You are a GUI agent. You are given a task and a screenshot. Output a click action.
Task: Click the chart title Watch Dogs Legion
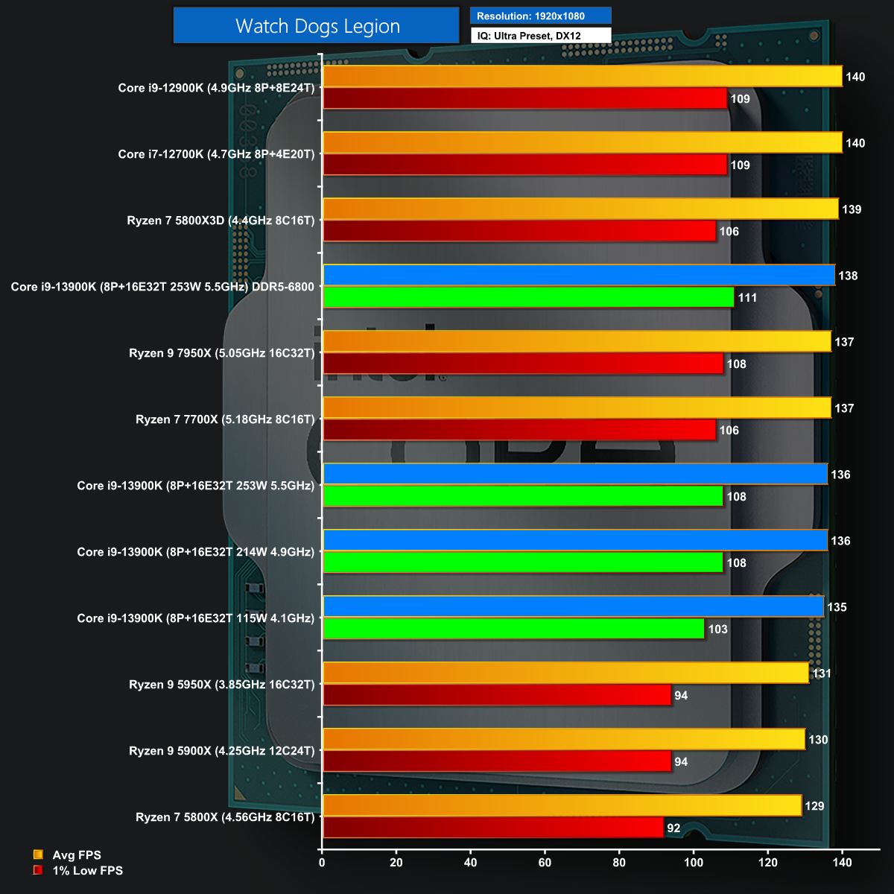click(x=317, y=26)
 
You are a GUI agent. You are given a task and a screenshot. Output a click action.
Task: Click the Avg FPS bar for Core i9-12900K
click(x=582, y=77)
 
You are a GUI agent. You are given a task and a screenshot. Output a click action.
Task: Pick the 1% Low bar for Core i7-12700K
click(x=524, y=165)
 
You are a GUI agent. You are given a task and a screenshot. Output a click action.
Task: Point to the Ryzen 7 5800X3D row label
click(x=221, y=221)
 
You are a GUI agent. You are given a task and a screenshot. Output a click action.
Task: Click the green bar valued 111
click(x=528, y=297)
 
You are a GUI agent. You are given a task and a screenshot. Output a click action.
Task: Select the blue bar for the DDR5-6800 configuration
click(x=578, y=276)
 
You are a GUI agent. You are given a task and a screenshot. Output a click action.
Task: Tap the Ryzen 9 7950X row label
click(x=222, y=353)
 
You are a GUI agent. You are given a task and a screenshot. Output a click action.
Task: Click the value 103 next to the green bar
click(x=717, y=630)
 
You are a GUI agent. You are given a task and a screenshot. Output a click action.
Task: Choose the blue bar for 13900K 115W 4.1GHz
click(x=573, y=607)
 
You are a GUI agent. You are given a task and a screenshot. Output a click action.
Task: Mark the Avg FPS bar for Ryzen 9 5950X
click(x=565, y=673)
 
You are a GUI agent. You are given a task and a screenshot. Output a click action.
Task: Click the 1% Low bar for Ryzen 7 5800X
click(x=492, y=828)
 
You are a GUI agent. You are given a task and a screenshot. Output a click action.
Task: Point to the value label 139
click(x=852, y=209)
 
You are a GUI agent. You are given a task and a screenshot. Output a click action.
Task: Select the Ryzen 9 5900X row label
click(x=222, y=751)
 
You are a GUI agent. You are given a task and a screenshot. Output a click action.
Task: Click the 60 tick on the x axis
click(x=545, y=863)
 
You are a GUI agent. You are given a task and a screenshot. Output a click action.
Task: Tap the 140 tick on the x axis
click(x=843, y=863)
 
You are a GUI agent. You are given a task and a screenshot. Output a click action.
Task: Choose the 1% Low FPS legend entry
click(x=86, y=870)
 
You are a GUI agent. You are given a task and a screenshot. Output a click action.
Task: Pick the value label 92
click(x=673, y=828)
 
